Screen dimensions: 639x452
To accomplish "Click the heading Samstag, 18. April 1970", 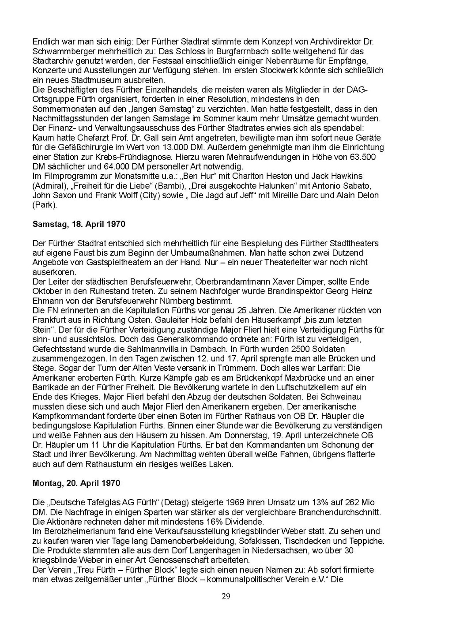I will pyautogui.click(x=79, y=224).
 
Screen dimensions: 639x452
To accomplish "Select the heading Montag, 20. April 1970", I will pyautogui.click(x=76, y=483).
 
